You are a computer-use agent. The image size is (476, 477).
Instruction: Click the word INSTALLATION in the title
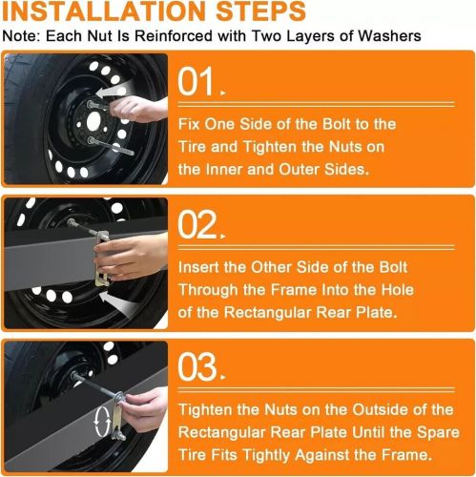(105, 11)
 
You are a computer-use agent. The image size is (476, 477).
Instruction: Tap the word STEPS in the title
(260, 11)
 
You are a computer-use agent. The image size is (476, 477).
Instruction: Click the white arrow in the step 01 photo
(113, 90)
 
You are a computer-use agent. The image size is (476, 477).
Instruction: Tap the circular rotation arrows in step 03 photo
(102, 422)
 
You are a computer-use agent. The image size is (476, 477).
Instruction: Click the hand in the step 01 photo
(138, 109)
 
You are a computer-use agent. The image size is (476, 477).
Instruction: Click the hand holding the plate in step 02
(132, 257)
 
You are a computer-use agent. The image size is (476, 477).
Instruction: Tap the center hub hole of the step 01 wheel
(93, 121)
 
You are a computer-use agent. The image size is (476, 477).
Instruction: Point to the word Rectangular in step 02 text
(268, 313)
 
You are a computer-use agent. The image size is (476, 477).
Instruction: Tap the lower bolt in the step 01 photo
(111, 146)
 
